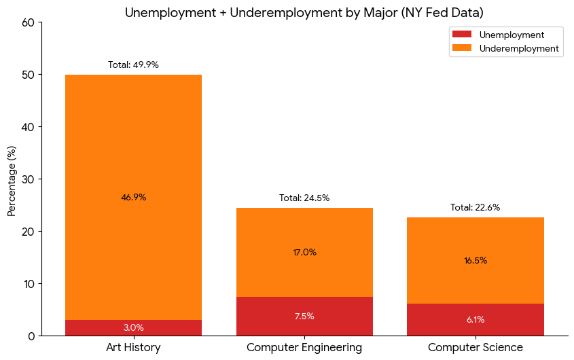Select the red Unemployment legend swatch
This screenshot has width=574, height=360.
(462, 35)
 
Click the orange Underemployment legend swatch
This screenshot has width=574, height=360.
(462, 48)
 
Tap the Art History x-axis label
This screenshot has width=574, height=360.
(133, 348)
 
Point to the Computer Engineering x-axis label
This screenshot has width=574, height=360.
(304, 348)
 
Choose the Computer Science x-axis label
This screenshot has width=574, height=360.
(476, 348)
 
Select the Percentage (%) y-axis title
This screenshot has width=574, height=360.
(12, 179)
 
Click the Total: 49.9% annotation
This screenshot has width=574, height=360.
(133, 65)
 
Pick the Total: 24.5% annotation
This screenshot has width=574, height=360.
(304, 198)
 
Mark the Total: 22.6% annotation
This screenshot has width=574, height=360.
(476, 208)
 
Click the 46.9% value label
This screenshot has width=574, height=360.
(133, 198)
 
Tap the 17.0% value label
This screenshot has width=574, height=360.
(304, 253)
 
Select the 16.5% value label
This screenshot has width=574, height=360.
(476, 261)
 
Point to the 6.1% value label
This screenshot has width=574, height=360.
(476, 320)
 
